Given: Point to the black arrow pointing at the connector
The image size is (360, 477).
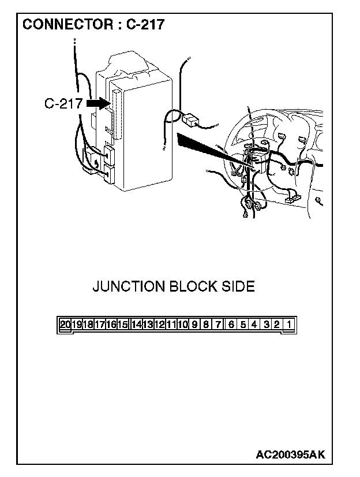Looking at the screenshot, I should pyautogui.click(x=97, y=103).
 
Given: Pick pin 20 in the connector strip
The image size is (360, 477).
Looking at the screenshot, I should pyautogui.click(x=65, y=324).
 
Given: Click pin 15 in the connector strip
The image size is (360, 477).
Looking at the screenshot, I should pyautogui.click(x=122, y=324).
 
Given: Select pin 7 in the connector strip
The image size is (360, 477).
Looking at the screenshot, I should pyautogui.click(x=218, y=324).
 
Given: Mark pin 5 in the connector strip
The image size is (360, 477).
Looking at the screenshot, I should pyautogui.click(x=243, y=324).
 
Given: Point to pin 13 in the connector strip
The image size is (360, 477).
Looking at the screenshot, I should pyautogui.click(x=148, y=324).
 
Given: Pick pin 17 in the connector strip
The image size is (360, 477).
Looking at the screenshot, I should pyautogui.click(x=99, y=324).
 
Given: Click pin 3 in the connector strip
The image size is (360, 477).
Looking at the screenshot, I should pyautogui.click(x=267, y=324).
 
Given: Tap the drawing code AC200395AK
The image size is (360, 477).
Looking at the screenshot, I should pyautogui.click(x=290, y=454).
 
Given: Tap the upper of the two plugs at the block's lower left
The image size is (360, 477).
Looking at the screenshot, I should pyautogui.click(x=109, y=154).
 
